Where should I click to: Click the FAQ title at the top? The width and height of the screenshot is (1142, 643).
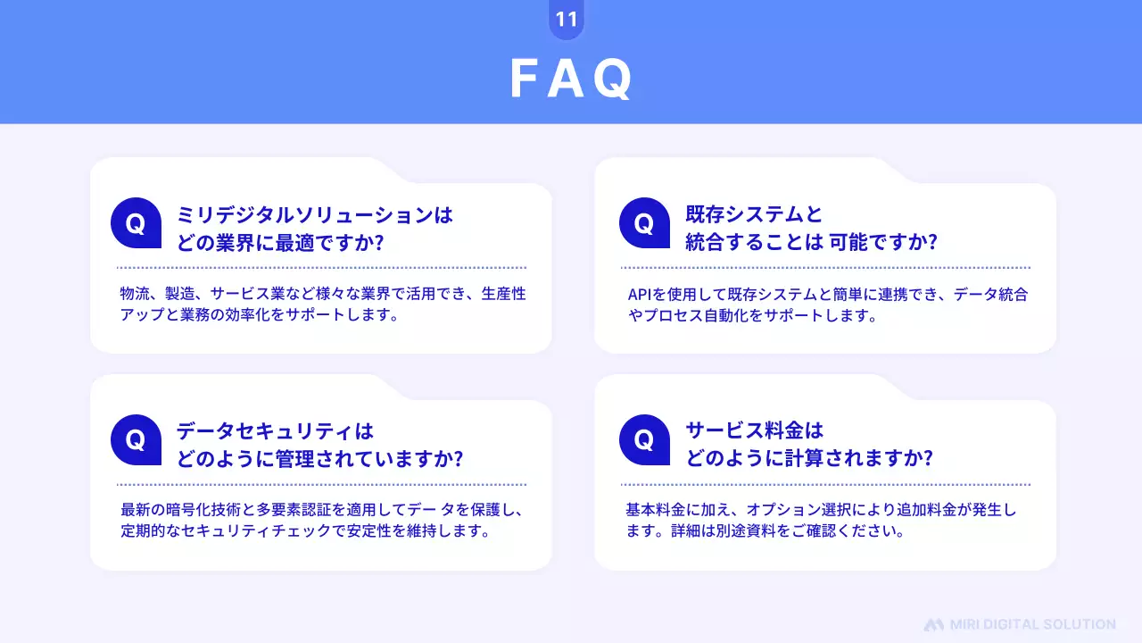click(x=571, y=79)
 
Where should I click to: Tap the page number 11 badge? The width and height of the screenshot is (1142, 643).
click(x=567, y=20)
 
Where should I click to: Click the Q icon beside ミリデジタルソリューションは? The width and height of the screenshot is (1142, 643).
click(x=136, y=223)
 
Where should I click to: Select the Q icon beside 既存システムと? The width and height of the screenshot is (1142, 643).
click(x=644, y=223)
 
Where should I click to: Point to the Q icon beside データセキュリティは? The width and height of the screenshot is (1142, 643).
click(x=136, y=440)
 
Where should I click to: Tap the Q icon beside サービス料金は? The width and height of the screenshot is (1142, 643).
click(x=644, y=440)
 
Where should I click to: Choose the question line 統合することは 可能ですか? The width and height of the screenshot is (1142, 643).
click(x=811, y=242)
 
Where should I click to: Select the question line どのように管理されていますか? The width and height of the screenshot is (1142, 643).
click(x=319, y=459)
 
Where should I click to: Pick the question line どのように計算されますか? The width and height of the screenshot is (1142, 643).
click(x=809, y=459)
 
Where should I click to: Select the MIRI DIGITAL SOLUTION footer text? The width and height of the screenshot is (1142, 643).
click(x=1032, y=624)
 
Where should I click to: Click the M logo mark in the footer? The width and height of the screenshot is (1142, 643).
click(x=933, y=624)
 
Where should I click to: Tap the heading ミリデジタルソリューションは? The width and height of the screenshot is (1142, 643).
click(x=315, y=215)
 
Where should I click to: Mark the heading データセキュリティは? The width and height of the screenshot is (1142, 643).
click(x=275, y=432)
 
